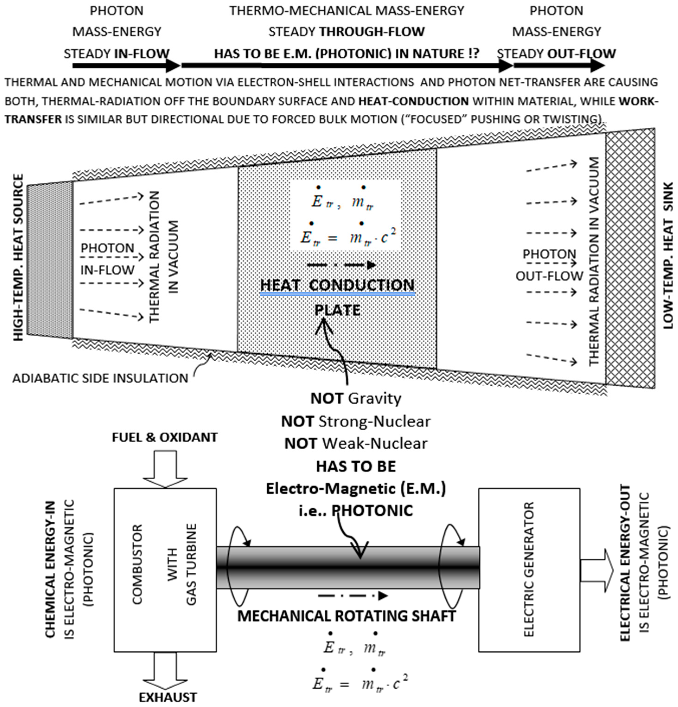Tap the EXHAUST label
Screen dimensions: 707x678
pos(168,697)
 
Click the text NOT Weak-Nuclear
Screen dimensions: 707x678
pos(356,443)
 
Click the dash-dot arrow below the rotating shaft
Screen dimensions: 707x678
pos(352,596)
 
